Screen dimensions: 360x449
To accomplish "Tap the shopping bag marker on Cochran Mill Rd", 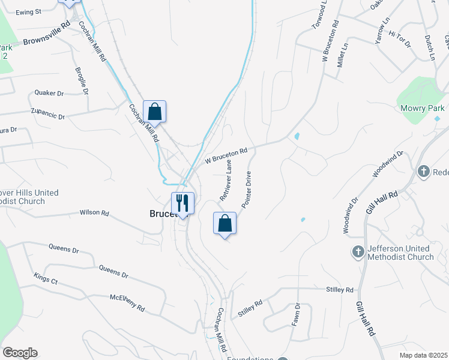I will (154, 112).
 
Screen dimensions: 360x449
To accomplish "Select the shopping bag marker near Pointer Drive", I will (224, 224).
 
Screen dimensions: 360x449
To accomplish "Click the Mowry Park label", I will (423, 108).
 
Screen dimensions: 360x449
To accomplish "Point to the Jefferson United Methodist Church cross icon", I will (358, 252).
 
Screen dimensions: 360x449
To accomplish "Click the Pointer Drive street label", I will (247, 190).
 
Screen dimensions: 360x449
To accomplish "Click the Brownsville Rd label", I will (47, 36).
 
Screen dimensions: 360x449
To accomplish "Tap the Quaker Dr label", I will (49, 93).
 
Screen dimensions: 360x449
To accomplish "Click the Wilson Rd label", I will (94, 212).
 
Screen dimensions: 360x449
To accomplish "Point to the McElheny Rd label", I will (127, 302).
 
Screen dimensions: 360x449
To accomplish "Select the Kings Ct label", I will (46, 279).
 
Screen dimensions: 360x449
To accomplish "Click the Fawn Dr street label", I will (296, 314).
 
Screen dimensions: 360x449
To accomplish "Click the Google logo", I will (20, 353).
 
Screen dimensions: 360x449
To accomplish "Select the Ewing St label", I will (28, 11).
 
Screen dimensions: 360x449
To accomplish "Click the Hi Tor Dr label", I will (399, 38).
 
